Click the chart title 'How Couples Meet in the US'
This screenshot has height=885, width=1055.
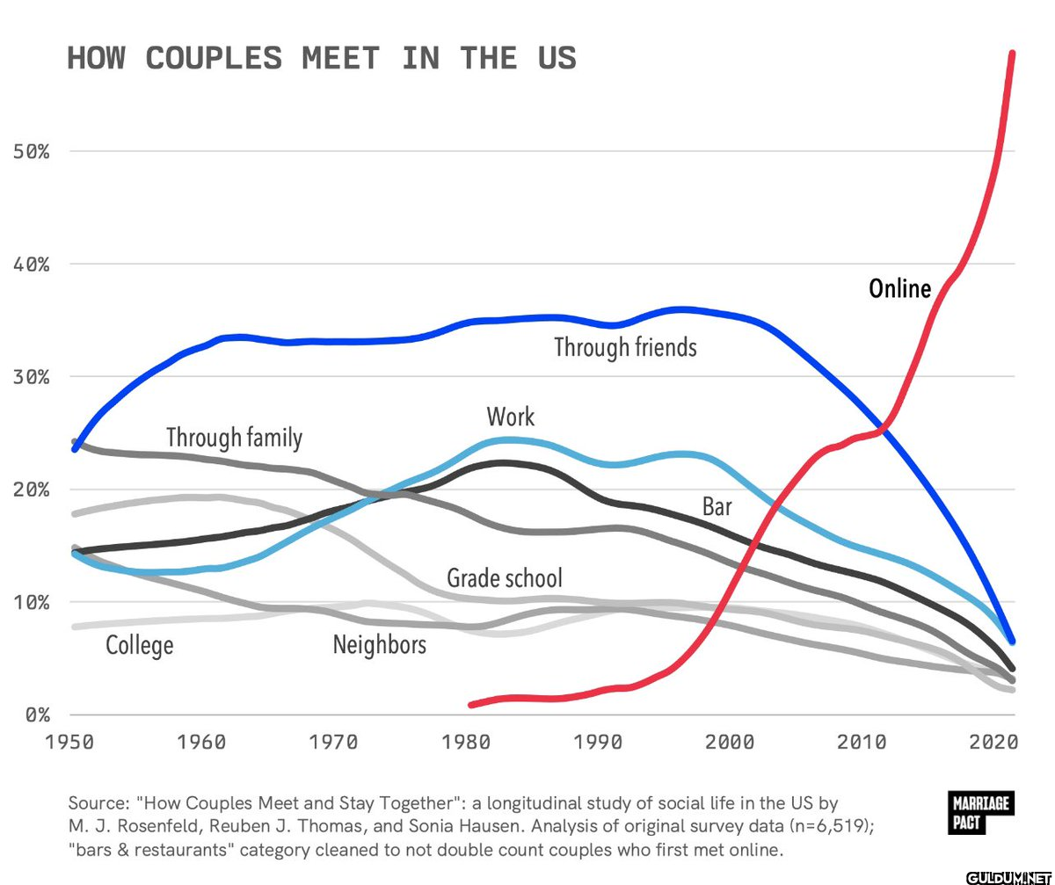coord(322,58)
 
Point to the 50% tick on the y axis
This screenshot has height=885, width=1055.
coord(32,151)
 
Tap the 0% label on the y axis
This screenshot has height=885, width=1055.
coord(38,715)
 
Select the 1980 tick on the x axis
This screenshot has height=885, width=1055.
coord(466,742)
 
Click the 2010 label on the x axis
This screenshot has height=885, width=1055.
coord(862,742)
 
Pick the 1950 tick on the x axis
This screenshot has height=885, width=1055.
coord(69,742)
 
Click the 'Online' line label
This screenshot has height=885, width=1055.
coord(900,289)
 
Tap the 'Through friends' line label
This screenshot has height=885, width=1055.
coord(625,347)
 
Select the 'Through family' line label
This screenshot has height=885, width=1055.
coord(235,438)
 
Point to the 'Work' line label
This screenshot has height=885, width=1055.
coord(510,417)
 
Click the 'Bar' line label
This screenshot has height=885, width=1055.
coord(717,506)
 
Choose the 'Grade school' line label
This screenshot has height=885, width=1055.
coord(505,578)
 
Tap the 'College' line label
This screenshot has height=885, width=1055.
coord(140,647)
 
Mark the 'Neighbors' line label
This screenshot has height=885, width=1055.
coord(380,645)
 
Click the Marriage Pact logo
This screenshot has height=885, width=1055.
coord(980,813)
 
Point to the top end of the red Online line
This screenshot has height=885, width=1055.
coord(1012,53)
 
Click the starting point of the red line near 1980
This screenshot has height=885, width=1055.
coord(471,705)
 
